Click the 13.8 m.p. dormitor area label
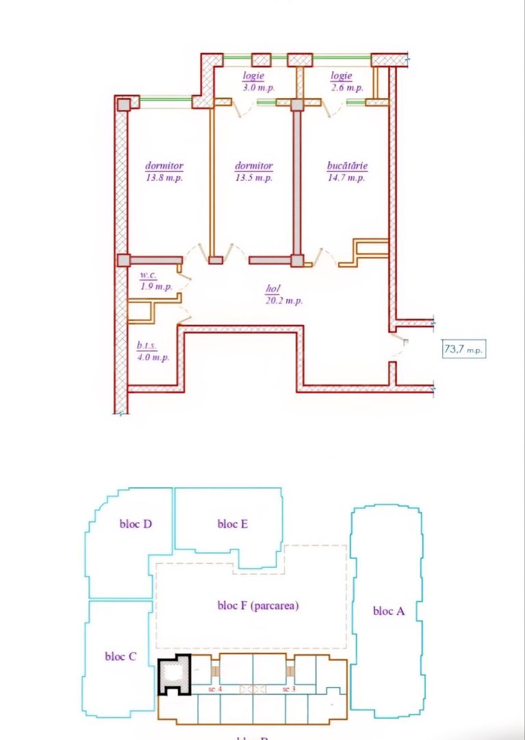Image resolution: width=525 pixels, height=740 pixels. pyautogui.click(x=164, y=171)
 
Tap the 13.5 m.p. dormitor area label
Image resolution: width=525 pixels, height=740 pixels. pyautogui.click(x=254, y=171)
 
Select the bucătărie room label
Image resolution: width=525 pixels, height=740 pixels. pyautogui.click(x=347, y=171)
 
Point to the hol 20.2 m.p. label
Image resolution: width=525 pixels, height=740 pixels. pyautogui.click(x=283, y=295)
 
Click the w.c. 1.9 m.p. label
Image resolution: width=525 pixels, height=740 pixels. pyautogui.click(x=156, y=282)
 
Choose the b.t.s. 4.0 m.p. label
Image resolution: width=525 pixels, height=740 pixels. pyautogui.click(x=153, y=352)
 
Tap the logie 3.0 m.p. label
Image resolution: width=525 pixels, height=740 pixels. pyautogui.click(x=253, y=82)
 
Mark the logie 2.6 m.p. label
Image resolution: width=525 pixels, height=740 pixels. pyautogui.click(x=342, y=82)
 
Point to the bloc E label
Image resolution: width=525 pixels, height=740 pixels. pyautogui.click(x=232, y=524)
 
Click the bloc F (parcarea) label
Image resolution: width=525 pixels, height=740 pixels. pyautogui.click(x=258, y=606)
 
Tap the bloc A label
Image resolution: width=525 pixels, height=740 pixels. pyautogui.click(x=388, y=610)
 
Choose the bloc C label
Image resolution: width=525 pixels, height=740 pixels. pyautogui.click(x=120, y=656)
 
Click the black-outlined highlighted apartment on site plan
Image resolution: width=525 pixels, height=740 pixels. pyautogui.click(x=173, y=676)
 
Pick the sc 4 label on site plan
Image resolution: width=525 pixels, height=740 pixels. pyautogui.click(x=216, y=689)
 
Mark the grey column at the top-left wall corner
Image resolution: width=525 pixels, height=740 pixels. pyautogui.click(x=123, y=104)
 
